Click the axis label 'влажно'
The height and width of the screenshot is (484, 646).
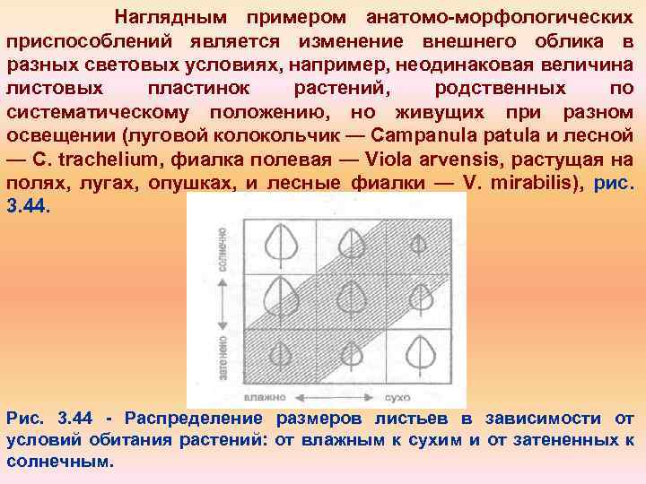tap(266, 395)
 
